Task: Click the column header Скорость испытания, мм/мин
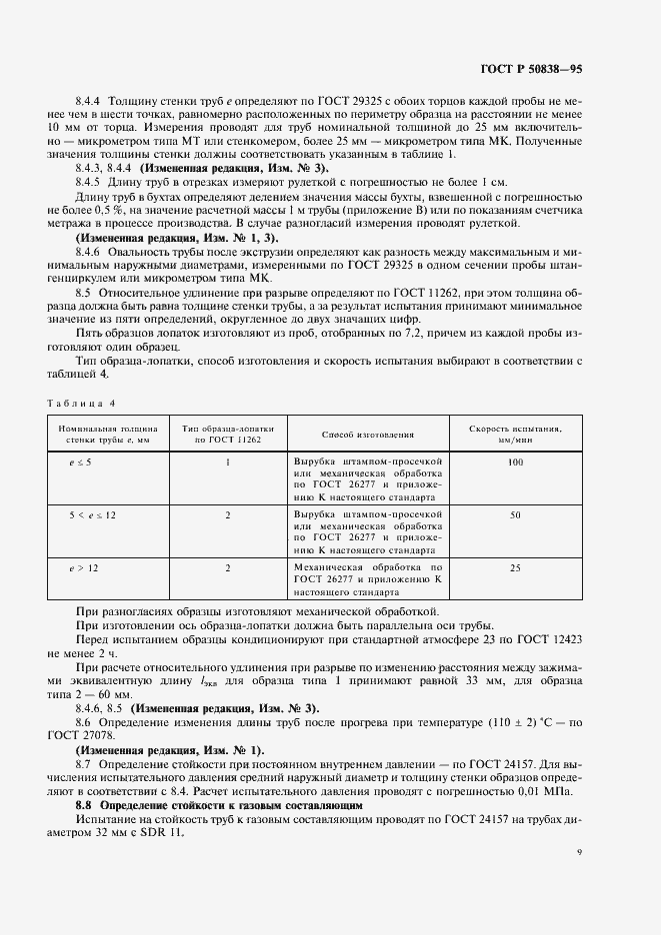[514, 435]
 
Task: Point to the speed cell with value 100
[515, 463]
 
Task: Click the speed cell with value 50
[515, 515]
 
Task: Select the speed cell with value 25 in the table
[515, 567]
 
